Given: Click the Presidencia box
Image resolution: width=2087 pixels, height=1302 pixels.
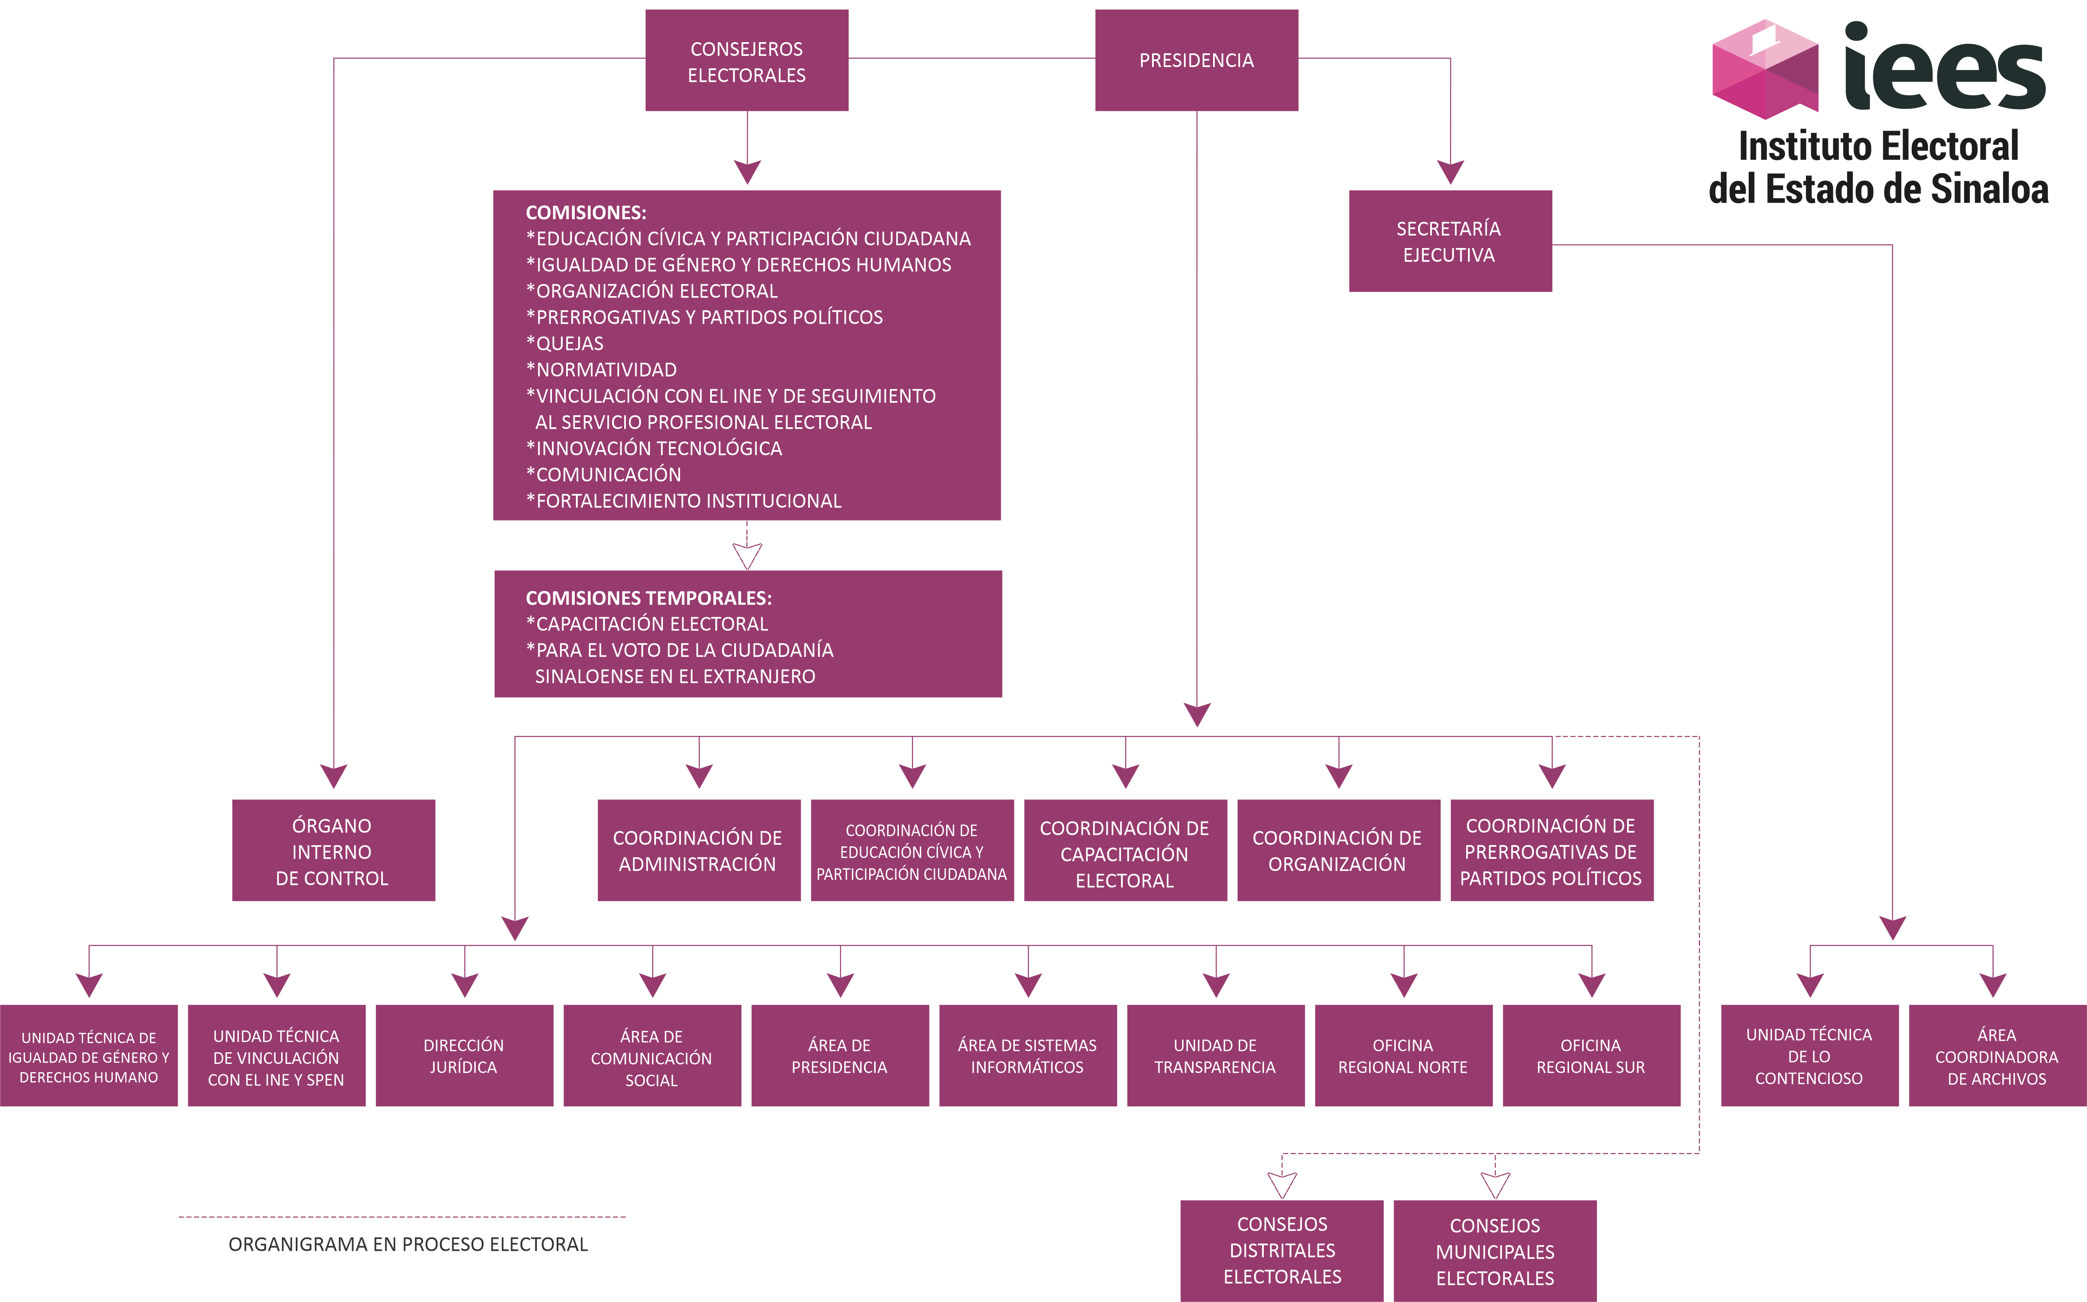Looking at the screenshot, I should tap(1196, 60).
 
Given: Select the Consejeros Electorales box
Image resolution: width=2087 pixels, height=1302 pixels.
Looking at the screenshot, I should tap(747, 60).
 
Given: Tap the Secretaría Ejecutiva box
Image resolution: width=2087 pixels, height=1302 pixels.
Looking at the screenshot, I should tap(1450, 241).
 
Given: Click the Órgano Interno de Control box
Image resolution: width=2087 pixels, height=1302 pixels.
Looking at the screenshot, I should tap(333, 851).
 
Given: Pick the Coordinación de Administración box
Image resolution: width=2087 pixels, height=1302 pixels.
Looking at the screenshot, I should tap(698, 851).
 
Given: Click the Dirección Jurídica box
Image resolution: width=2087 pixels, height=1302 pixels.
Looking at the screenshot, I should tap(464, 1056).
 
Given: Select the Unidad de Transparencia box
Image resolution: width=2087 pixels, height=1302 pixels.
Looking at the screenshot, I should tap(1215, 1056).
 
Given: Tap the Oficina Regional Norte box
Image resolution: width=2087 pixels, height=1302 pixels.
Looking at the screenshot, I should tap(1403, 1056).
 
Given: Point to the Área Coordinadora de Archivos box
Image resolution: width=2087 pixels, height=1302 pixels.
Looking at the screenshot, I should tap(1997, 1056).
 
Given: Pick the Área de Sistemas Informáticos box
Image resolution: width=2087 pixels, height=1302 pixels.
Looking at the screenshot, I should tap(1027, 1056).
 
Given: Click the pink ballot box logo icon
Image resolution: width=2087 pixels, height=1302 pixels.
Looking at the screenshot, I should tap(1765, 69).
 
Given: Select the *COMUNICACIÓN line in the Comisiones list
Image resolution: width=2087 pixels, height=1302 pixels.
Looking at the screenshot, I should tap(604, 475).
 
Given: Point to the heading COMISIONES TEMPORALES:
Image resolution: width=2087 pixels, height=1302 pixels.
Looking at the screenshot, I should tap(648, 597).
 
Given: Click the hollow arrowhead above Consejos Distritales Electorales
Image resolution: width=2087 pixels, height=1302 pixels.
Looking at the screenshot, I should tap(1282, 1185).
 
